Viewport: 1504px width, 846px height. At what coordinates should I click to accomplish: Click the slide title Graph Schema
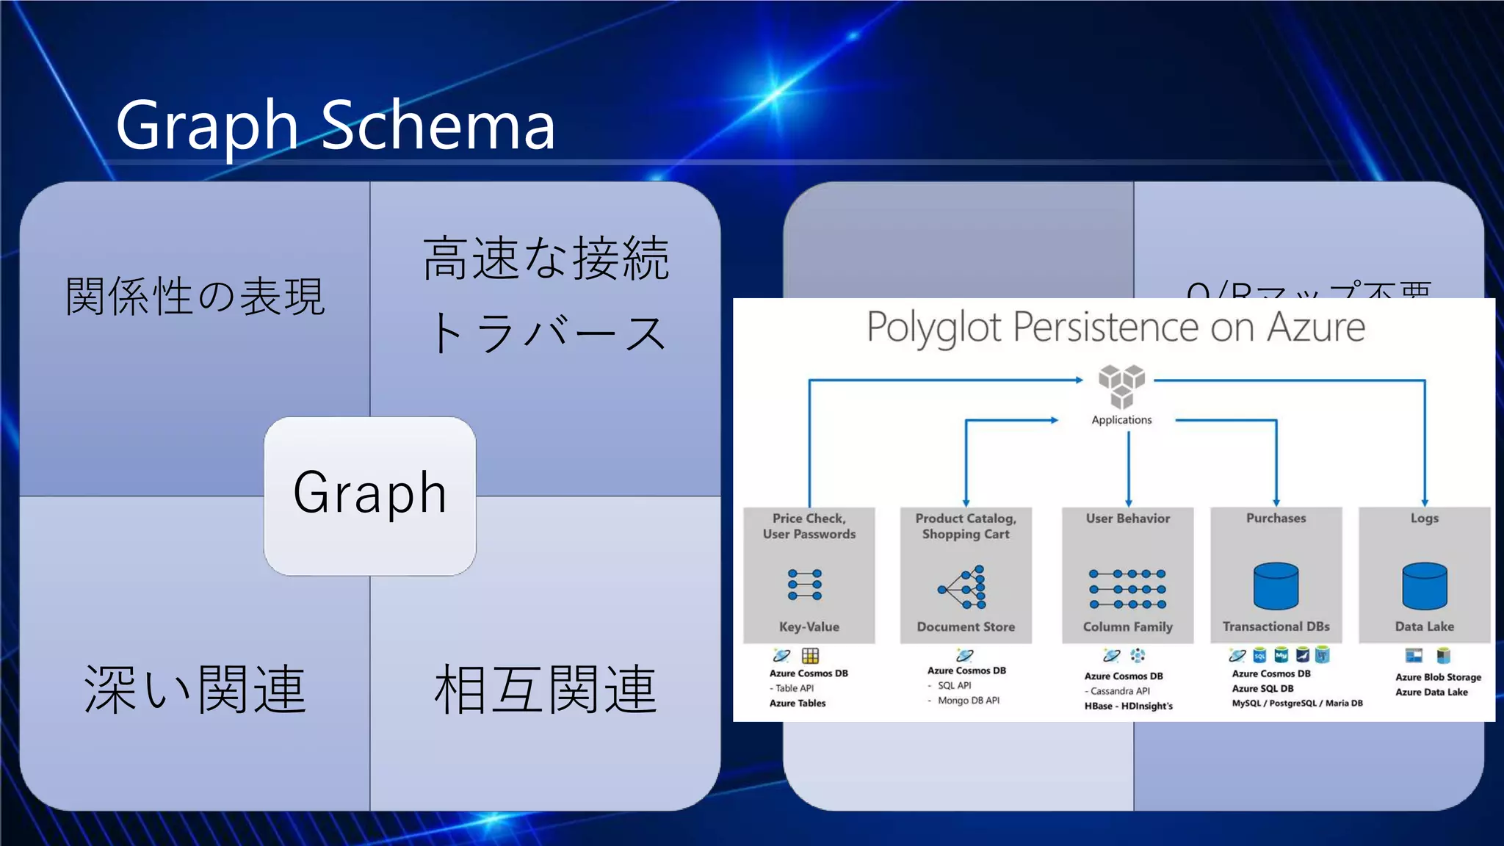335,126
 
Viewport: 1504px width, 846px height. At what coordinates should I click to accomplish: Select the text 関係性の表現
195,297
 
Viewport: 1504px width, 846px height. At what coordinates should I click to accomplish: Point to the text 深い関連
195,689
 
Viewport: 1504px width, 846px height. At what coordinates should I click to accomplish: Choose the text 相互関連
546,689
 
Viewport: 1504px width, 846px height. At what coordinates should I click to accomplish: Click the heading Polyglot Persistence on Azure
1115,328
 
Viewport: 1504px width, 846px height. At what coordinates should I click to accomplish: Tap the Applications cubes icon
1121,386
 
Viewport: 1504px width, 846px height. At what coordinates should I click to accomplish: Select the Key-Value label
809,626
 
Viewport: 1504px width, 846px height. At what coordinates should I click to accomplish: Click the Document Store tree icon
963,587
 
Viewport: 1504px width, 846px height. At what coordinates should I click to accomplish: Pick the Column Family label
1127,626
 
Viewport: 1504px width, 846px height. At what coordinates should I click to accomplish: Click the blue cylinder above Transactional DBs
1276,586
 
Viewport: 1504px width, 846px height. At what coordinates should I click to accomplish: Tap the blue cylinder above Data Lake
1424,586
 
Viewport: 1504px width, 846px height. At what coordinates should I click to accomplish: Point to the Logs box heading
1424,518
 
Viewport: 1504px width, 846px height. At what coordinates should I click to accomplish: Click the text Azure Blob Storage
1438,677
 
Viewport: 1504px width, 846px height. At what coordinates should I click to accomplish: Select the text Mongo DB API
968,701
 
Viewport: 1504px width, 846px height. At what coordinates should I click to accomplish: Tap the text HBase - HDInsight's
1128,706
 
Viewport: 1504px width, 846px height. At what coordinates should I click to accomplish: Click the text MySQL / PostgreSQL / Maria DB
1297,704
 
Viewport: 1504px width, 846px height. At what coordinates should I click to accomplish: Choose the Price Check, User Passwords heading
809,526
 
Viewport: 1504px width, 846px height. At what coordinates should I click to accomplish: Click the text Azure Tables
798,704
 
